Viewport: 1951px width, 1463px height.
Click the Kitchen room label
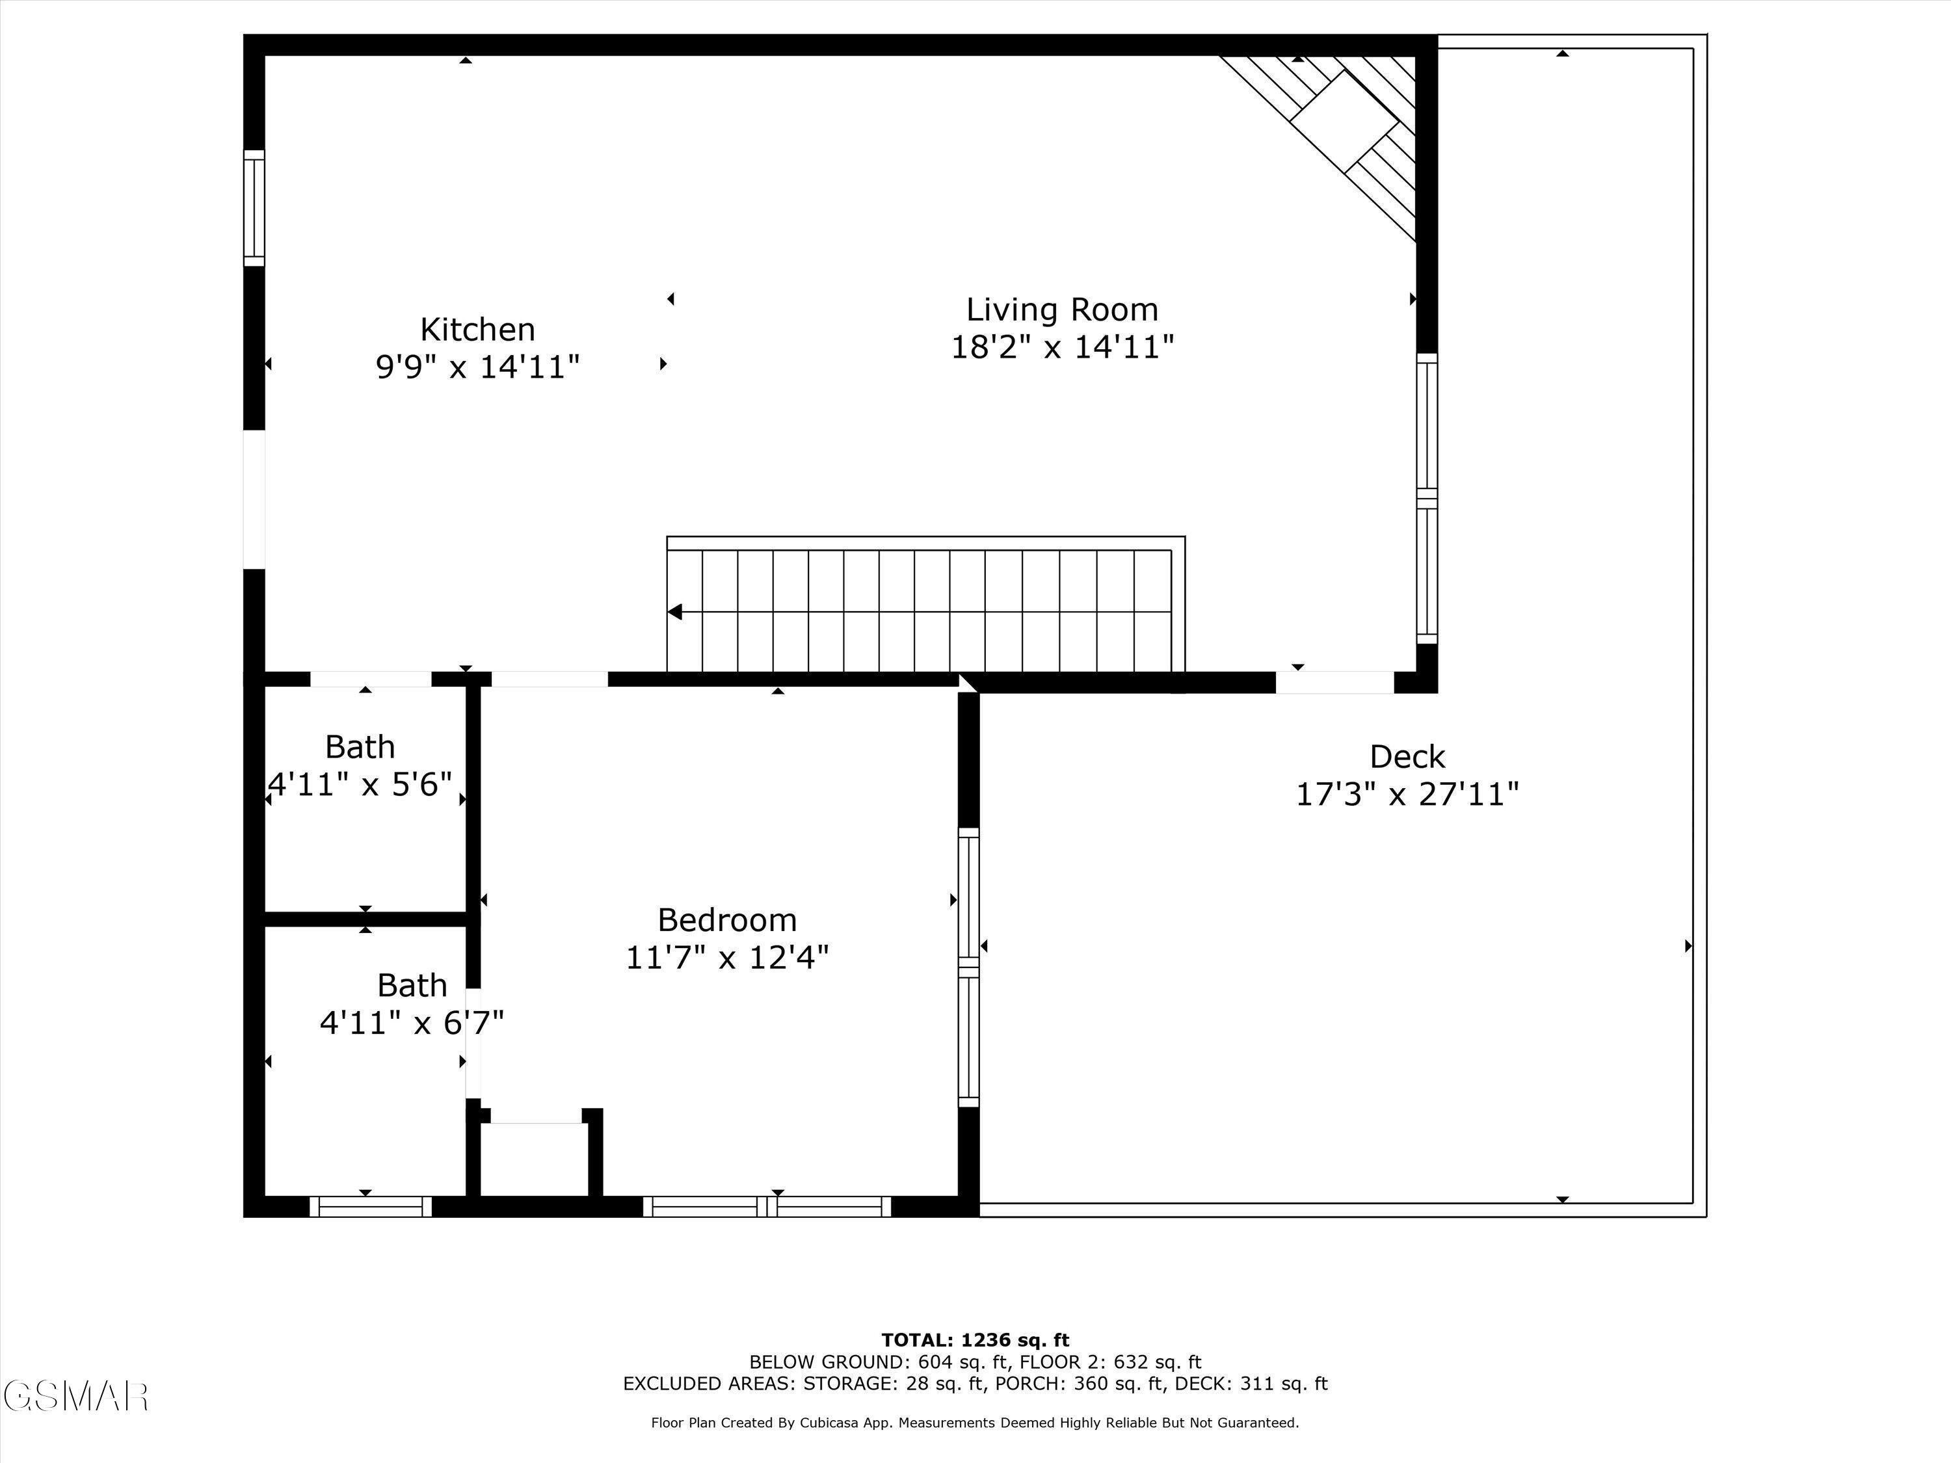(x=477, y=330)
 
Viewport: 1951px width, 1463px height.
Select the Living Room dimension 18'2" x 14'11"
(x=1062, y=347)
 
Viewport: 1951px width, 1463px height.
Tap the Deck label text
(x=1407, y=757)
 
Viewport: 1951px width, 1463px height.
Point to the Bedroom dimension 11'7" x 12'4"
(x=727, y=957)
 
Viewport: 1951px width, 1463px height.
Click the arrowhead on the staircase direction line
(x=675, y=611)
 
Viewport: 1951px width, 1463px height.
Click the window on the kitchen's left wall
(x=254, y=208)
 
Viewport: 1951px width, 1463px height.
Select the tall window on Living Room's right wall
(x=1426, y=498)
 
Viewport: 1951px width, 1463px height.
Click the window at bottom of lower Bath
(x=371, y=1206)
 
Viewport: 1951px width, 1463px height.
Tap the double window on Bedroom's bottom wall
(x=767, y=1206)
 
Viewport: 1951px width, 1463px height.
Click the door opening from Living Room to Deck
(x=1334, y=681)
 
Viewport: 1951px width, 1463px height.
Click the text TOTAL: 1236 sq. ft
(x=975, y=1340)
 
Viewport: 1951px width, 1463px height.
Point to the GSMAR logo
(x=75, y=1396)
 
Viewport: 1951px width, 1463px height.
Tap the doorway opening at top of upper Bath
(x=371, y=679)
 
